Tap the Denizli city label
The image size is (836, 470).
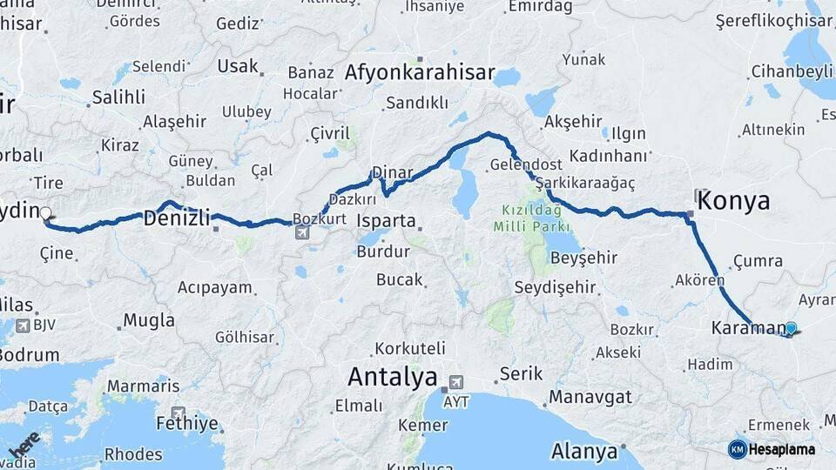[178, 218]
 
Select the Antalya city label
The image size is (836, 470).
[392, 377]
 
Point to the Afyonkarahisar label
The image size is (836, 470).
[420, 73]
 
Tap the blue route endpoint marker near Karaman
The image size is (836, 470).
[791, 328]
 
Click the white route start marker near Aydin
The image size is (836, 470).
[45, 212]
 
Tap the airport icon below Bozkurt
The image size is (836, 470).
[302, 232]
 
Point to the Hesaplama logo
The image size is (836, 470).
[772, 449]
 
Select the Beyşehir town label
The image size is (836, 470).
[584, 258]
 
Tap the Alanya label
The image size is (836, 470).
[584, 453]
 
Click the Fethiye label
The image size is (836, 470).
[187, 424]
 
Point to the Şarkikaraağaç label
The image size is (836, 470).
[585, 183]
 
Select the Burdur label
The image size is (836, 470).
[383, 252]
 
